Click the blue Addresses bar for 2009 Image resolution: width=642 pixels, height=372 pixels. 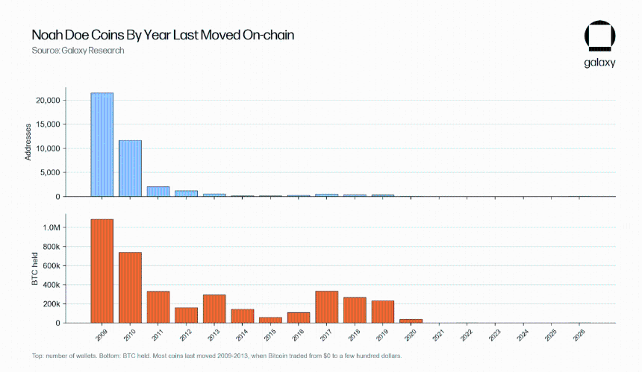click(x=102, y=145)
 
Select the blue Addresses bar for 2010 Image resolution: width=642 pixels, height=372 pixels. click(x=130, y=168)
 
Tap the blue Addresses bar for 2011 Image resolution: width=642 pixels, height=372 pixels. click(x=158, y=192)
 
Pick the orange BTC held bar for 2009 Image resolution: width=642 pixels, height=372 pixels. click(x=102, y=271)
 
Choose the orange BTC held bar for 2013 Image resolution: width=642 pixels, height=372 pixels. click(x=214, y=309)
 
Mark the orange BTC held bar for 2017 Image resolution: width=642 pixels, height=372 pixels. click(x=327, y=307)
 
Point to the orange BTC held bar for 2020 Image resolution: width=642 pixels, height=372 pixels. click(x=411, y=321)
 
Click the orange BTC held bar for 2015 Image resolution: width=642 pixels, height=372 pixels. click(x=271, y=320)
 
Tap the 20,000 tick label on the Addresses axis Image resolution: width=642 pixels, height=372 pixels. click(x=48, y=101)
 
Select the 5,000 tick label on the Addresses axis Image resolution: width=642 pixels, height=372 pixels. click(x=50, y=172)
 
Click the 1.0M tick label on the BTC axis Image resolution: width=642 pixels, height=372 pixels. click(x=52, y=227)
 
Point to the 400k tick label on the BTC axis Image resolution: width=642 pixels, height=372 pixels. click(x=52, y=285)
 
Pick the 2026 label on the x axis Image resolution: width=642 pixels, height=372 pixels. click(x=579, y=335)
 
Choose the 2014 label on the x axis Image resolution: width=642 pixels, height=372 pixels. click(x=242, y=335)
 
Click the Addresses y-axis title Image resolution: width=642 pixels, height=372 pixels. click(x=28, y=142)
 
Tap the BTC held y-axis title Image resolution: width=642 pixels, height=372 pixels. click(x=35, y=268)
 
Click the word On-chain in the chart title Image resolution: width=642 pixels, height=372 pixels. click(x=268, y=35)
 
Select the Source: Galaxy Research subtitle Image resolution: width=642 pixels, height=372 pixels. click(x=78, y=50)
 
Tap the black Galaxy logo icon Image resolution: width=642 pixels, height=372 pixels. click(x=600, y=36)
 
